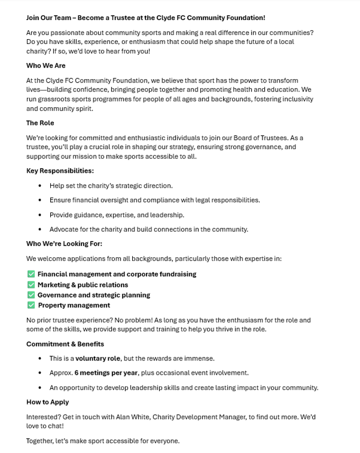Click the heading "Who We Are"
[46, 66]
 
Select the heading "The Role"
[40, 123]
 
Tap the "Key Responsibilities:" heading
[60, 171]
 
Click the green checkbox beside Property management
[31, 305]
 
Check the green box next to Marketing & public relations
[31, 285]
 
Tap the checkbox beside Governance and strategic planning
[31, 295]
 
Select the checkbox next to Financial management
[31, 274]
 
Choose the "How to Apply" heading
[48, 402]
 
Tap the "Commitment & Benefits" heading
[65, 344]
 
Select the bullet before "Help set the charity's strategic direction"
[40, 186]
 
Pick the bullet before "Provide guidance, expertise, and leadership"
[40, 215]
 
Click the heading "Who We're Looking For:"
[64, 244]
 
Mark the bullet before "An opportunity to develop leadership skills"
[40, 387]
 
